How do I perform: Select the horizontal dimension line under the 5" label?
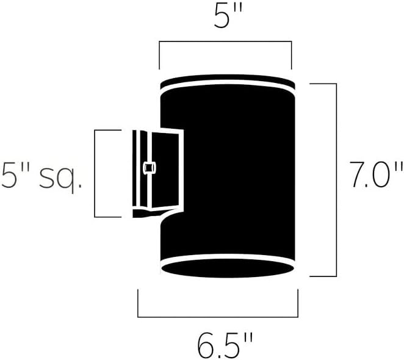click(225, 42)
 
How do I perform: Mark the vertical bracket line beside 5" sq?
click(95, 173)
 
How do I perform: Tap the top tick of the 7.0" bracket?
click(323, 83)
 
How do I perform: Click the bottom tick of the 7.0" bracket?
click(323, 276)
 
